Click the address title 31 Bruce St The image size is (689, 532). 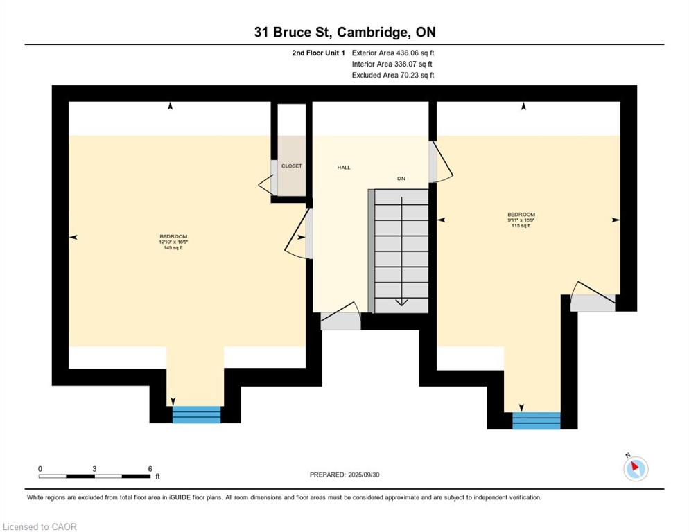(344, 32)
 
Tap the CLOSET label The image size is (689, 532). (291, 166)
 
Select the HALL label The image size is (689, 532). (344, 168)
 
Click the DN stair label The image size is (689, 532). (401, 179)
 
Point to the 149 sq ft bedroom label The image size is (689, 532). (173, 242)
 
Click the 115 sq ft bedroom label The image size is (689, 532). (521, 220)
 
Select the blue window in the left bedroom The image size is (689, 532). (196, 414)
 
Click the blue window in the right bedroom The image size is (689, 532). (536, 420)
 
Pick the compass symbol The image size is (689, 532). (634, 468)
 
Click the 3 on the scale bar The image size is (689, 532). (94, 469)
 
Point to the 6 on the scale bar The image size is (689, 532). (150, 469)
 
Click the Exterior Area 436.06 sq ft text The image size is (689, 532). (393, 53)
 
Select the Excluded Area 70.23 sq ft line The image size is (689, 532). (393, 75)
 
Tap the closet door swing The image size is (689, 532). (265, 184)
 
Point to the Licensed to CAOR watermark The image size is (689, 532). (40, 526)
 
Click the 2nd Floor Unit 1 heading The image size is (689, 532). (319, 53)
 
